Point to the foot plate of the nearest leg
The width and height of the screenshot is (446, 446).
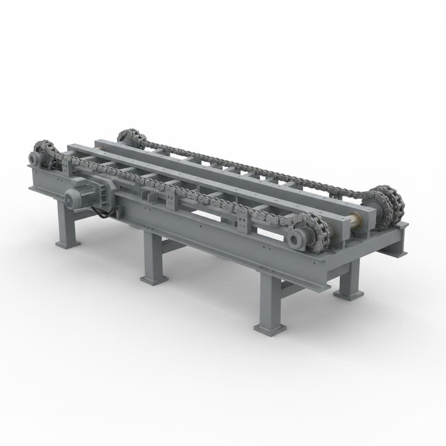(270, 329)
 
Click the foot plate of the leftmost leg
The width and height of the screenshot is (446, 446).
(68, 244)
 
